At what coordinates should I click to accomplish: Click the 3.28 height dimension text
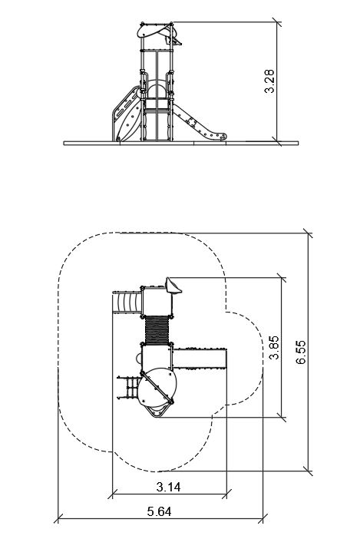pyautogui.click(x=269, y=81)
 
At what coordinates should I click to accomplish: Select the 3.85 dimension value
pyautogui.click(x=274, y=347)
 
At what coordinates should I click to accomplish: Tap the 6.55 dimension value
pyautogui.click(x=301, y=352)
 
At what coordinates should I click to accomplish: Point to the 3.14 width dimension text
pyautogui.click(x=169, y=487)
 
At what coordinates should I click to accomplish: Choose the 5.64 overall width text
pyautogui.click(x=159, y=511)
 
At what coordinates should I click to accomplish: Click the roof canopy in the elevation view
pyautogui.click(x=157, y=31)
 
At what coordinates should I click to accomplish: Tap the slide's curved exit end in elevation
pyautogui.click(x=220, y=137)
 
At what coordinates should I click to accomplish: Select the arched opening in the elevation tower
pyautogui.click(x=157, y=89)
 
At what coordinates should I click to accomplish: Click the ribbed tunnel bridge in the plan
pyautogui.click(x=157, y=330)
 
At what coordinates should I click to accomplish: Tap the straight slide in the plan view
pyautogui.click(x=200, y=358)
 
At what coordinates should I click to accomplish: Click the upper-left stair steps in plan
pyautogui.click(x=127, y=301)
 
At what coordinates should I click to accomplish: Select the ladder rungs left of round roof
pyautogui.click(x=129, y=388)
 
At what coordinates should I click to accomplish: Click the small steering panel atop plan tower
pyautogui.click(x=173, y=285)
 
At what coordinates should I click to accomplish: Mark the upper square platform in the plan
pyautogui.click(x=157, y=300)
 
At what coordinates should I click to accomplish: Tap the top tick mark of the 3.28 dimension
pyautogui.click(x=277, y=23)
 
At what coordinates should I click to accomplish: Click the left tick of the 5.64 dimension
pyautogui.click(x=58, y=518)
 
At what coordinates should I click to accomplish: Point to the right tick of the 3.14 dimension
pyautogui.click(x=226, y=494)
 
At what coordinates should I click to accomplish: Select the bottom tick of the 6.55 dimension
pyautogui.click(x=308, y=471)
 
